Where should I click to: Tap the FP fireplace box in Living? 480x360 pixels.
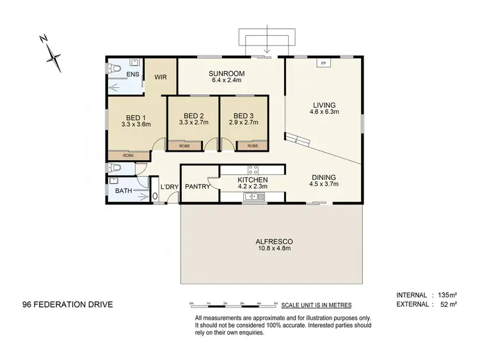coord(323,63)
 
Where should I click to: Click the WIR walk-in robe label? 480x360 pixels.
coord(161,78)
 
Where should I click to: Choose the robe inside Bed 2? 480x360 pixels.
coord(184,146)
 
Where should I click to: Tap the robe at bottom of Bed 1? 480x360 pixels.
coord(129,156)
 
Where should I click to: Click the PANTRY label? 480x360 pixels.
coord(198,187)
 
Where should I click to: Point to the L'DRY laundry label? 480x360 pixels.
coord(169,187)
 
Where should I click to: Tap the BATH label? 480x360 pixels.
coord(124,190)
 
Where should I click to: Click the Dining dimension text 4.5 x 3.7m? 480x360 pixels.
coord(323,184)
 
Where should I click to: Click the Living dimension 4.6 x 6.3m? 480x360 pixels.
coord(324,111)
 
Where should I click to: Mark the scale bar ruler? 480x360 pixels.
coord(234,302)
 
